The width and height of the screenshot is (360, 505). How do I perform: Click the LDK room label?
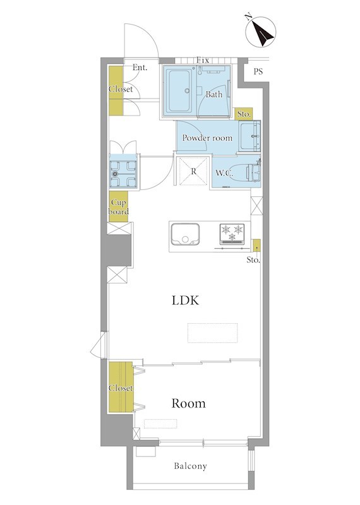[185, 300]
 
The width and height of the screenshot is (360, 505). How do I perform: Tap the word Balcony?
[191, 466]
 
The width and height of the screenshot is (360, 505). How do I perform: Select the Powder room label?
[207, 138]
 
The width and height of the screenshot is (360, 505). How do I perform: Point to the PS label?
[258, 71]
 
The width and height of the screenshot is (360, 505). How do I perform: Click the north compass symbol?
[260, 32]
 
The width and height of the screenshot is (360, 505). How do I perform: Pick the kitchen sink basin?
[185, 234]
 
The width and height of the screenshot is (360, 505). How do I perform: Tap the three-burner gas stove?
[232, 234]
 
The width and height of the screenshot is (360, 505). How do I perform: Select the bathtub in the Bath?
[179, 91]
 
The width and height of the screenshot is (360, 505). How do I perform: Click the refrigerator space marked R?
[193, 171]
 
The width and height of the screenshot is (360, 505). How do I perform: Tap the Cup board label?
[119, 207]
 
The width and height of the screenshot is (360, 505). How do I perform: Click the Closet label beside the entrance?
[121, 89]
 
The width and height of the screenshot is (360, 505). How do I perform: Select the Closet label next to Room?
[121, 388]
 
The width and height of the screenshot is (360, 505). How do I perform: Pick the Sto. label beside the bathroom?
[244, 114]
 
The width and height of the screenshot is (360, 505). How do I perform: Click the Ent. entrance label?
[140, 68]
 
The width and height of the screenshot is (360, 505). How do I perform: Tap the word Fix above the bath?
[203, 60]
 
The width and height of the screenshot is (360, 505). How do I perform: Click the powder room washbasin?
[249, 136]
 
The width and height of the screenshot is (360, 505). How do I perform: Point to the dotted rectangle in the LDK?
[213, 333]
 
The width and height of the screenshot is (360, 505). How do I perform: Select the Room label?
[189, 403]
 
